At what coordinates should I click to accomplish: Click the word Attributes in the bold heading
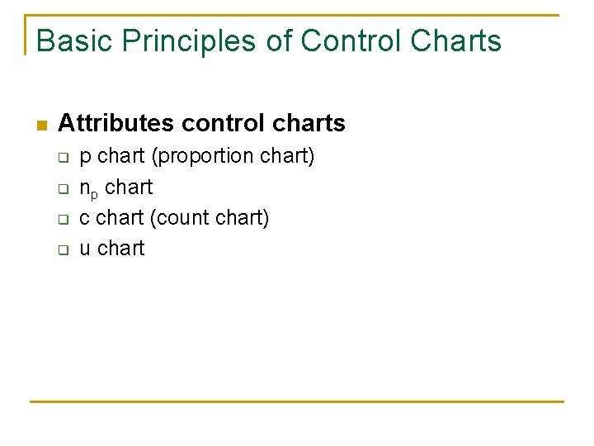[116, 124]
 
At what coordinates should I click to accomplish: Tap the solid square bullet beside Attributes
[41, 126]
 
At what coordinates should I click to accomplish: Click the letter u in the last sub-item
[85, 249]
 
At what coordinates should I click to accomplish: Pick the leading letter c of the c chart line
[85, 219]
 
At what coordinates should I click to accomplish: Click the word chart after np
[129, 187]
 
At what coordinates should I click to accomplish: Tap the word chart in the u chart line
[120, 249]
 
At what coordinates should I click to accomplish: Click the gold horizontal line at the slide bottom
[297, 402]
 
